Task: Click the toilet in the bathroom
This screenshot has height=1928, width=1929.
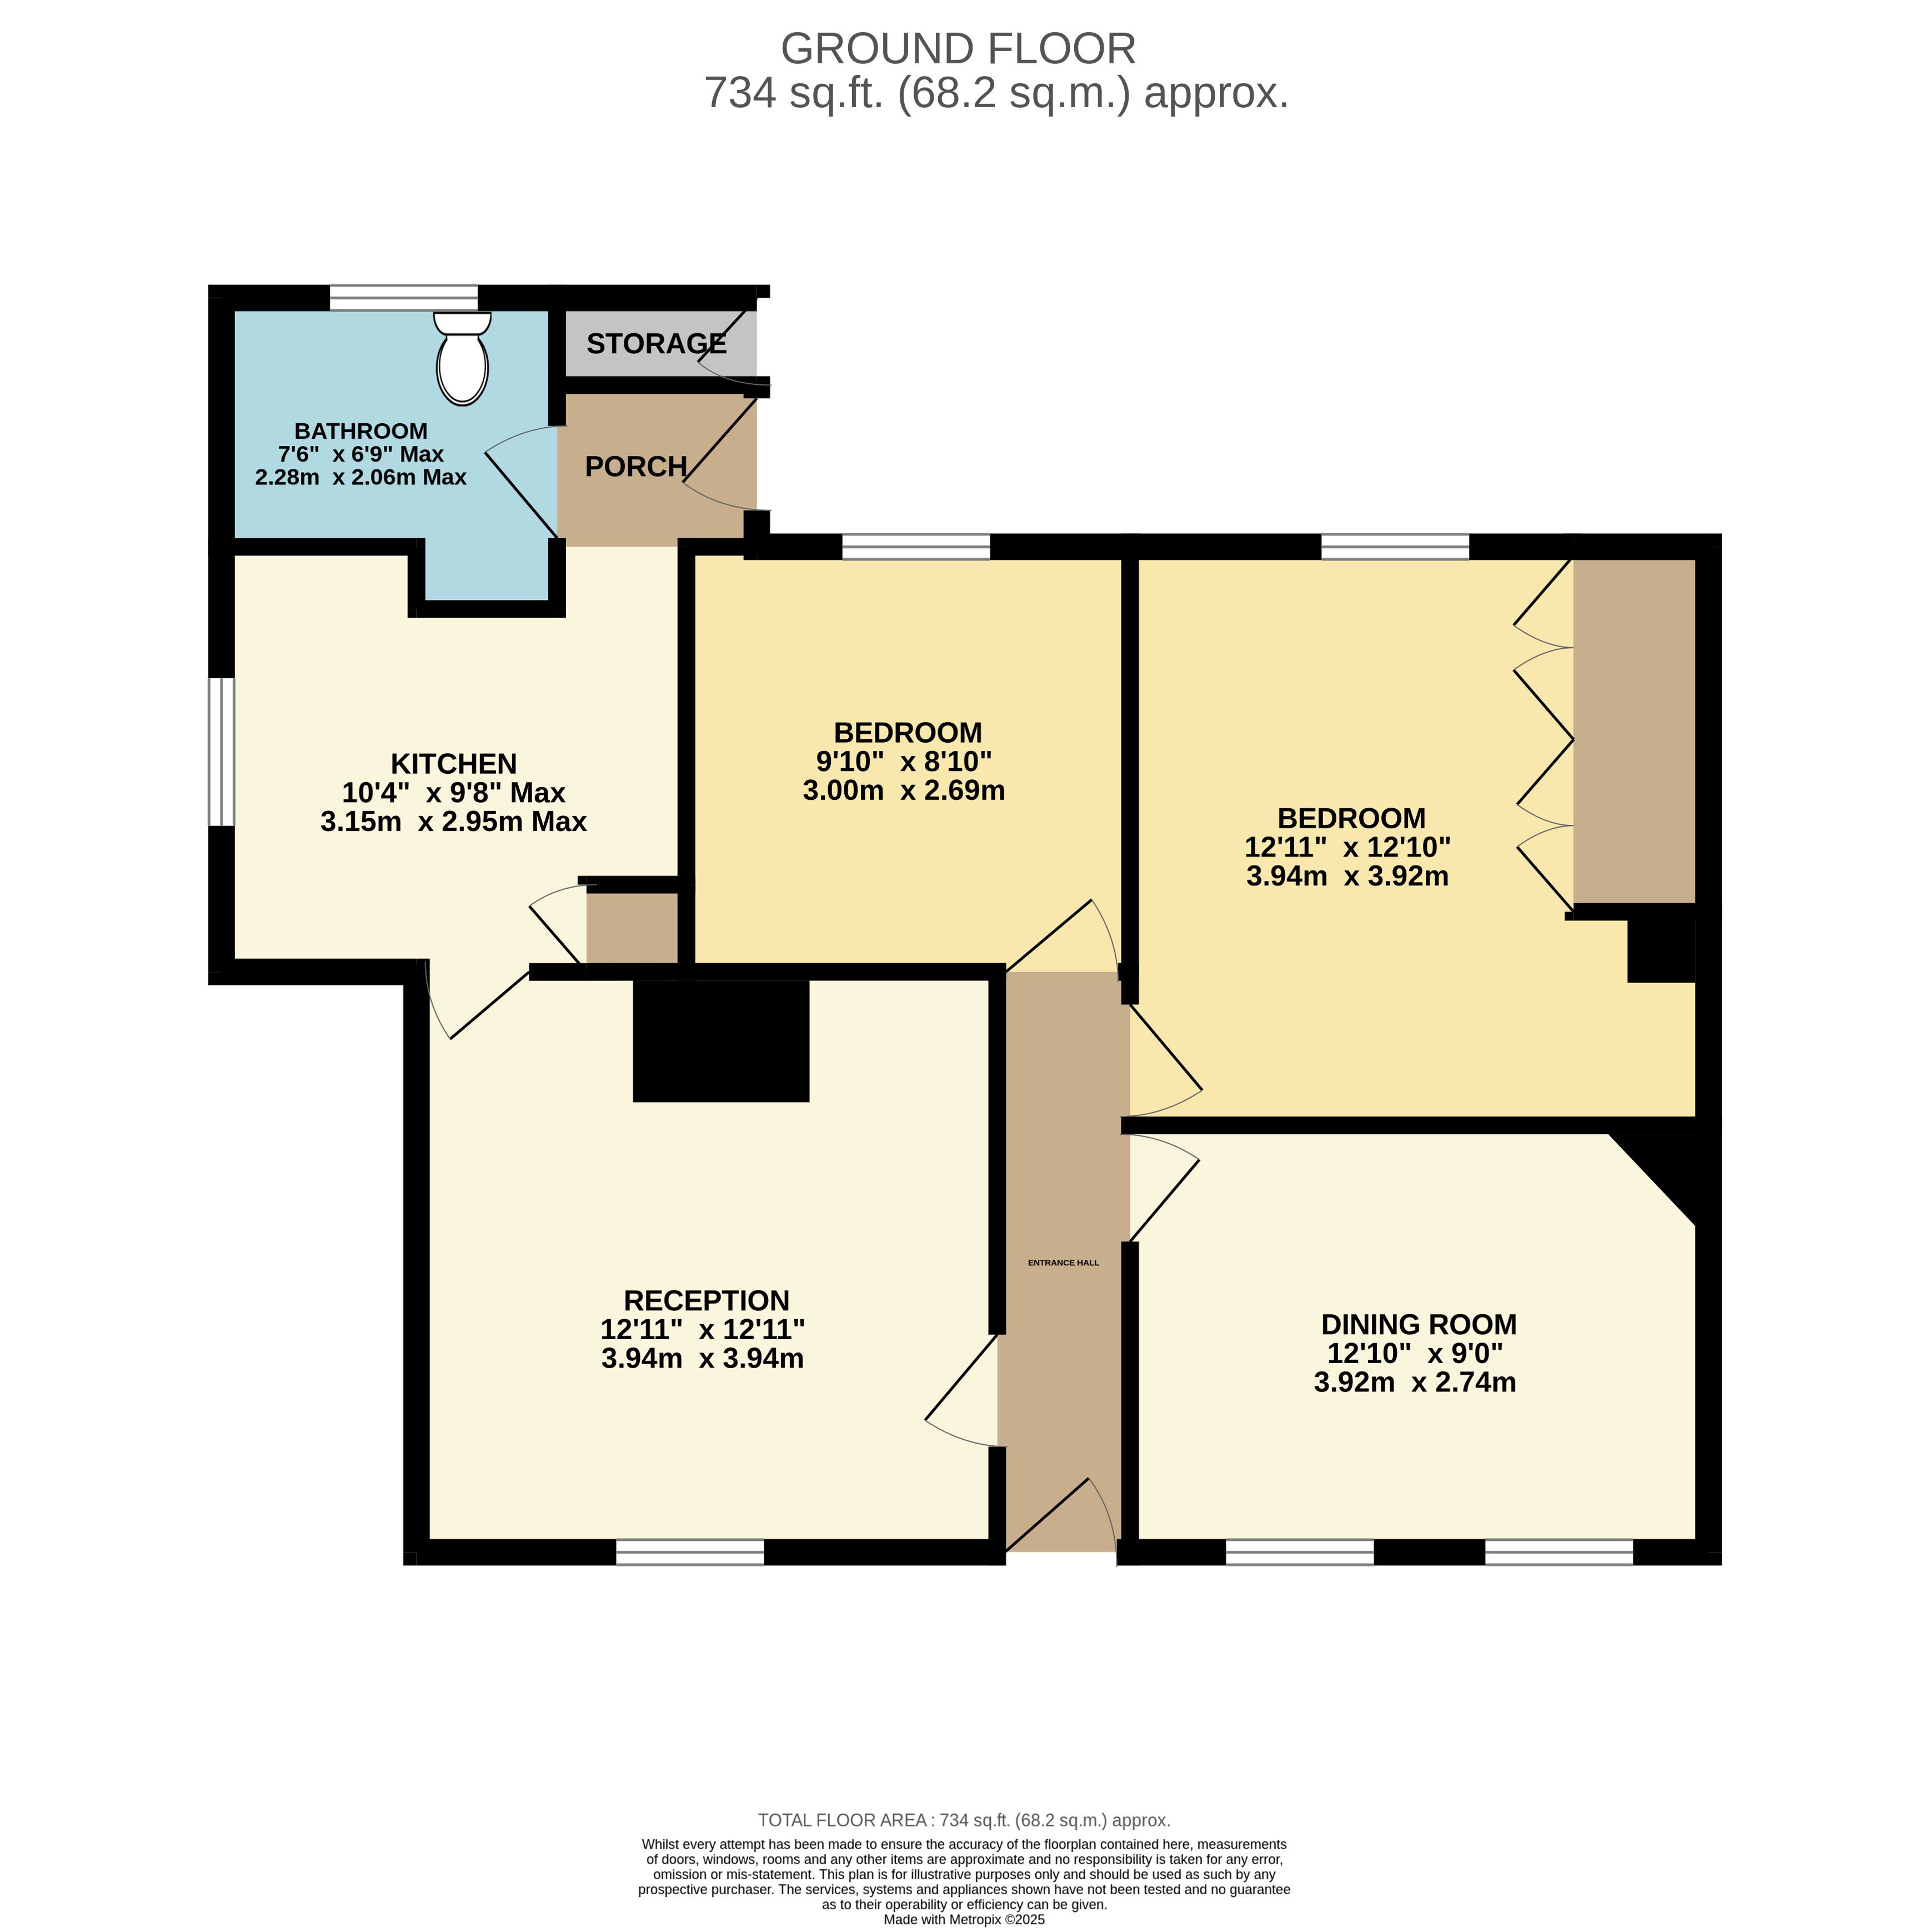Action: pyautogui.click(x=462, y=358)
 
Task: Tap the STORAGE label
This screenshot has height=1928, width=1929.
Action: pyautogui.click(x=656, y=343)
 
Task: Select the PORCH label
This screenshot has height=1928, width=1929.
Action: pyautogui.click(x=636, y=466)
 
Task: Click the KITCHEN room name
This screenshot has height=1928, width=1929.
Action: pyautogui.click(x=453, y=764)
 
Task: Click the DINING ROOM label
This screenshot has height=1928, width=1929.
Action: pyautogui.click(x=1419, y=1324)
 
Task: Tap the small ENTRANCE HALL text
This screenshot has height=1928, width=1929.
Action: pyautogui.click(x=1063, y=1263)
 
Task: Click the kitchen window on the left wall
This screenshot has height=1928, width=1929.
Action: pyautogui.click(x=221, y=753)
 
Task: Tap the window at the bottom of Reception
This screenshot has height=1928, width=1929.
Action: pyautogui.click(x=690, y=1551)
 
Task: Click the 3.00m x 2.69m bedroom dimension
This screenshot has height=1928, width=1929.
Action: pyautogui.click(x=904, y=791)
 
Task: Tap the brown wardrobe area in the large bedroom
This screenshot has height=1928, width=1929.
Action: pyautogui.click(x=1635, y=731)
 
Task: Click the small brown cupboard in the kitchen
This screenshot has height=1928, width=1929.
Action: pyautogui.click(x=632, y=928)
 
